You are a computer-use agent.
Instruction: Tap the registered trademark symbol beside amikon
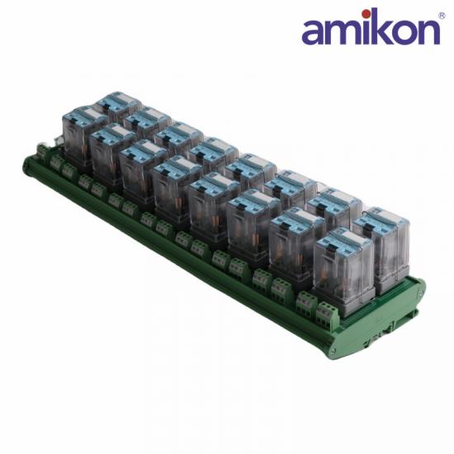[442, 16]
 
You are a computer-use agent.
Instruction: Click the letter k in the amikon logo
[381, 26]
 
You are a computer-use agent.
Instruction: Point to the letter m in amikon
[344, 31]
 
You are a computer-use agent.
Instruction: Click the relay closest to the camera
[343, 271]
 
